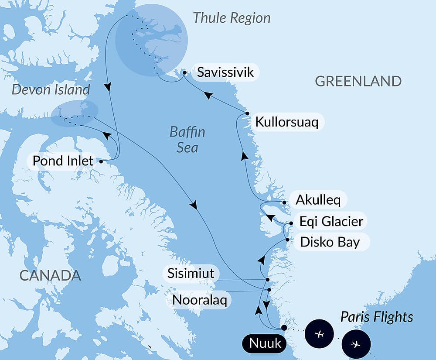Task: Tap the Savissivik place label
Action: click(225, 72)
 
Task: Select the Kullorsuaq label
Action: click(286, 122)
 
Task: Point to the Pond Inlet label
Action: click(63, 161)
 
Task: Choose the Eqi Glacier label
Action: click(331, 221)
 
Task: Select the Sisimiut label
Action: click(191, 274)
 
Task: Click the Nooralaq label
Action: click(199, 300)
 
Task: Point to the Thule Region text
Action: click(232, 18)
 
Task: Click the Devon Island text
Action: click(51, 90)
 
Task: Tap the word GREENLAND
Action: click(358, 81)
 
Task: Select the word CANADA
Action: click(50, 275)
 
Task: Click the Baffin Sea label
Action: click(187, 140)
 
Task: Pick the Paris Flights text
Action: click(377, 317)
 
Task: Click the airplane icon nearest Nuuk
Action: click(320, 334)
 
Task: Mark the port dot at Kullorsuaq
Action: click(247, 113)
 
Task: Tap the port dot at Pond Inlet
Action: click(101, 161)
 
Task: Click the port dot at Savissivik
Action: click(185, 72)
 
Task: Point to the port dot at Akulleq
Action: click(284, 202)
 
